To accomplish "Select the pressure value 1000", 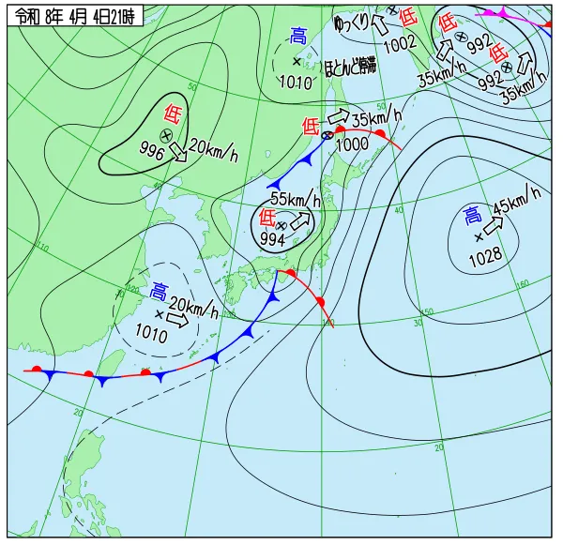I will (352, 144).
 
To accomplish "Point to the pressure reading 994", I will (272, 239).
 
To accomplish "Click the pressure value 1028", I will (485, 255).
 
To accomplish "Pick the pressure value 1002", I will (400, 42).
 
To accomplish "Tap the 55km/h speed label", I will (296, 199).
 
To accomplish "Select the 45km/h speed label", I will (517, 200).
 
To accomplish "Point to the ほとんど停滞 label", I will (350, 66).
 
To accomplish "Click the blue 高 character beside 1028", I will (472, 218).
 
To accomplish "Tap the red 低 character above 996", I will (173, 114).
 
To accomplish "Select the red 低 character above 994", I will (266, 219).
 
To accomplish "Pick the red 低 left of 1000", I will (311, 126).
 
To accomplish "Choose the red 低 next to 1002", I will (407, 17).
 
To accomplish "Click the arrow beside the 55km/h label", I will (300, 222).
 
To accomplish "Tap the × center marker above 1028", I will (479, 237).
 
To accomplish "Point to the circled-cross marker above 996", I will (166, 136).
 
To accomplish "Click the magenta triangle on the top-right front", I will (502, 13).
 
